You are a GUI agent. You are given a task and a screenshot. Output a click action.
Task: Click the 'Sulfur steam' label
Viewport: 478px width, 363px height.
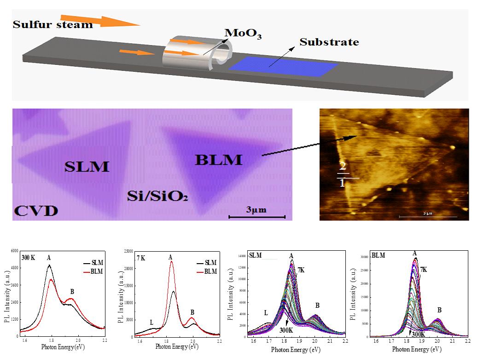point(52,24)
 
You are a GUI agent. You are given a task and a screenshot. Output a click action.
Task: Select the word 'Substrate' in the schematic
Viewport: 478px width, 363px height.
point(329,42)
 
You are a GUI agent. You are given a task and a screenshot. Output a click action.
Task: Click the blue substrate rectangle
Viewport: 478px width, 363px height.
point(283,67)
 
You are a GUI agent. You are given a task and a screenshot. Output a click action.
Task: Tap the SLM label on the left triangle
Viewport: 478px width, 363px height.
point(86,166)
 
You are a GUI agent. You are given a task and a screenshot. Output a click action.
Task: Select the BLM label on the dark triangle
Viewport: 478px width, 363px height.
point(218,160)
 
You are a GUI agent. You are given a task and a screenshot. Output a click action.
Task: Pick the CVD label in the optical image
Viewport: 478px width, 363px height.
point(36,211)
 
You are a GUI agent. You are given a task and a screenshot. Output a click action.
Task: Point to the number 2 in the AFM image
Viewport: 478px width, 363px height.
point(342,166)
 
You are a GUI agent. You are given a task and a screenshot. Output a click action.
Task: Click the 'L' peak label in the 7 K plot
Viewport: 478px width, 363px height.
point(152,323)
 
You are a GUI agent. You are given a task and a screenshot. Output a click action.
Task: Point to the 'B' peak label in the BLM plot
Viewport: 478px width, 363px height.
point(439,310)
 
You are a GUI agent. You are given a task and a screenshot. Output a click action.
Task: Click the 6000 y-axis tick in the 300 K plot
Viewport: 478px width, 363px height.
point(14,251)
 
